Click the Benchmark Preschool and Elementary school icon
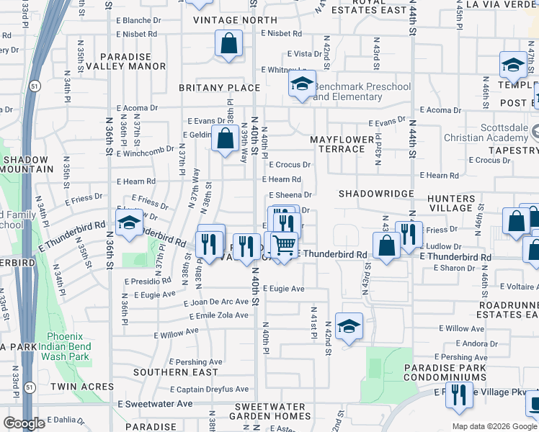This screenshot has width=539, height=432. point(303,83)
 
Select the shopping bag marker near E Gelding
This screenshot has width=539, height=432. point(226,138)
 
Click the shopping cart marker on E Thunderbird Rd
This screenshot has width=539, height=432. point(285,246)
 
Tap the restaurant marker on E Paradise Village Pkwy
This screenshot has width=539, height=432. point(456,395)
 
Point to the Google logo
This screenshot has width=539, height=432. point(24,423)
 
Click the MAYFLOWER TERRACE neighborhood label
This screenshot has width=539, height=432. point(342,144)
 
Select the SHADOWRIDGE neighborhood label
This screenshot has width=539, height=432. point(376,194)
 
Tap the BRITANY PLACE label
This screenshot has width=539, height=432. point(219,88)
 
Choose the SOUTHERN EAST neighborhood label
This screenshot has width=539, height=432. point(175,372)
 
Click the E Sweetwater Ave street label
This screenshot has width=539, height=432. point(156,404)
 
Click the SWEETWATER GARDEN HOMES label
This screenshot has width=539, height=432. point(270,411)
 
